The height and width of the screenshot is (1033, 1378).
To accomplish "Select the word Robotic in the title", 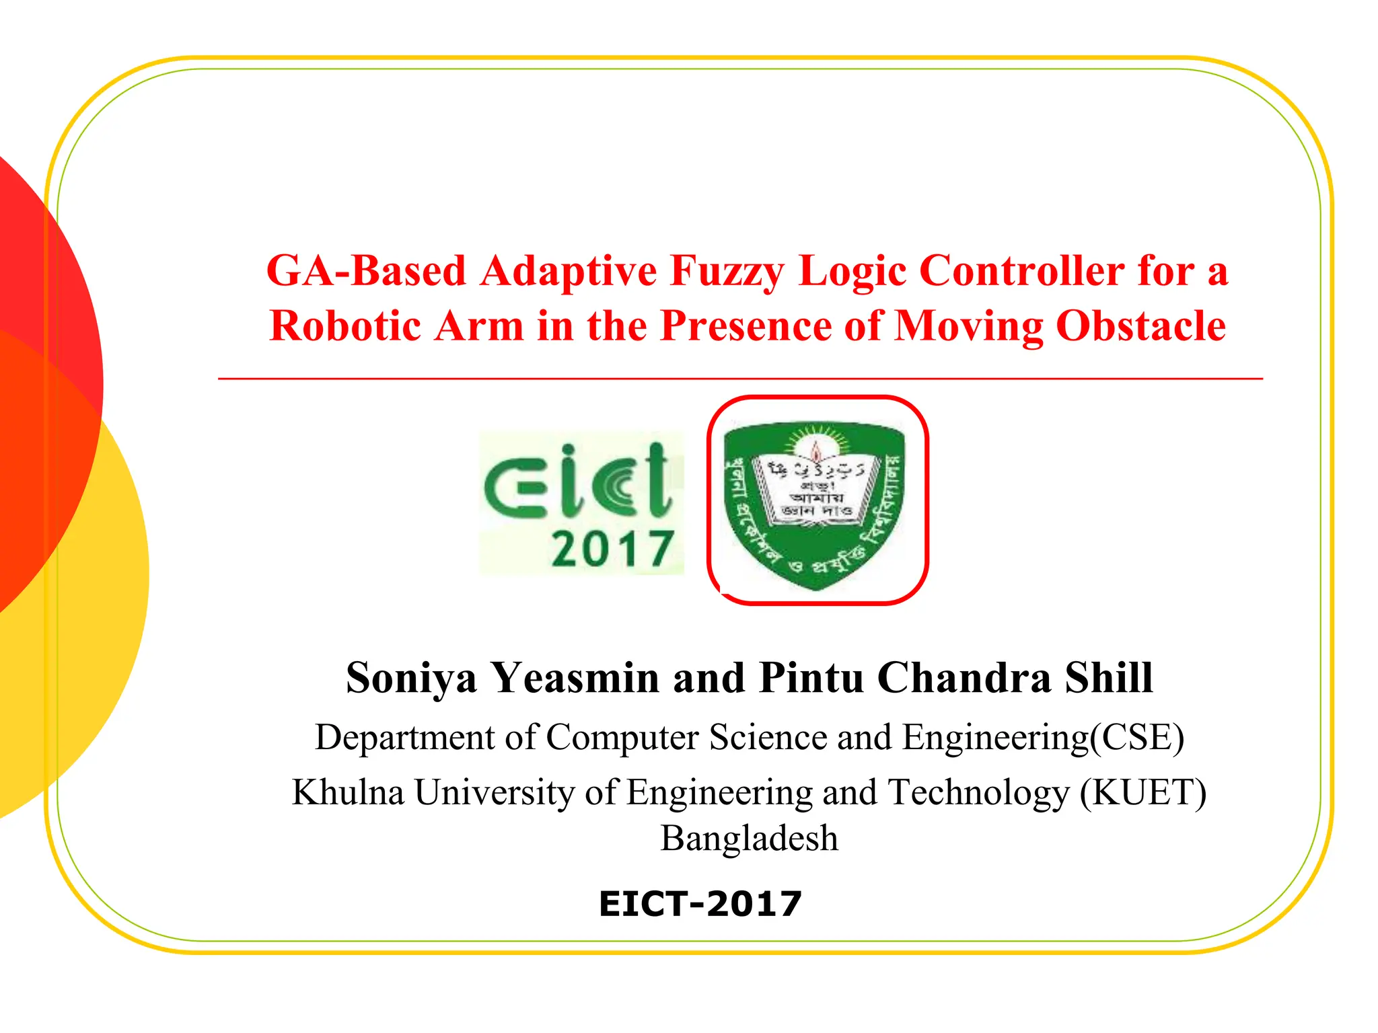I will pyautogui.click(x=345, y=326).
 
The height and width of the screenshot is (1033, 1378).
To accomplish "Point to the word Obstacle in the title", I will pyautogui.click(x=1140, y=326).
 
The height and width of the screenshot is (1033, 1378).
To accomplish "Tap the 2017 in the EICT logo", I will pyautogui.click(x=612, y=549).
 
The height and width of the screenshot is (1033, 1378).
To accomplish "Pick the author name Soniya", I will pyautogui.click(x=411, y=678).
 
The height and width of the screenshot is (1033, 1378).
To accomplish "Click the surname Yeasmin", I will pyautogui.click(x=575, y=678).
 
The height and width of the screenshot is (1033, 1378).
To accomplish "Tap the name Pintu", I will pyautogui.click(x=811, y=678).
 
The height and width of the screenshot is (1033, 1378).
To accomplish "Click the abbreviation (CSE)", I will pyautogui.click(x=1137, y=737).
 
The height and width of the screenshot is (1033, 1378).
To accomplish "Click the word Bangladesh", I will pyautogui.click(x=750, y=839).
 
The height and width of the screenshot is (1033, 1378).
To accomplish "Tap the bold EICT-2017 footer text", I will pyautogui.click(x=700, y=903).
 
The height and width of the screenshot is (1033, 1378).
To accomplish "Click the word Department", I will pyautogui.click(x=406, y=738).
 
